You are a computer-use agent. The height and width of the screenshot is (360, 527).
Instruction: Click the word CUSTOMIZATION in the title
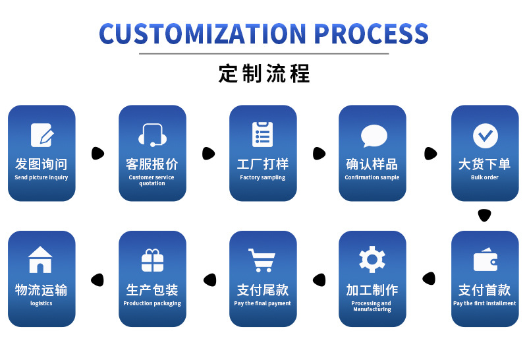point(202,33)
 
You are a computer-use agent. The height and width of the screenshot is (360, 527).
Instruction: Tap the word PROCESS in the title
point(370,33)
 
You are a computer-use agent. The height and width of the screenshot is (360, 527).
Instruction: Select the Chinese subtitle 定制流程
point(263,73)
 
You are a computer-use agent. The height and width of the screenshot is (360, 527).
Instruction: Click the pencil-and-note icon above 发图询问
point(42,135)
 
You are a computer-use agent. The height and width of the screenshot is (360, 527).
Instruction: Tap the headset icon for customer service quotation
point(152,135)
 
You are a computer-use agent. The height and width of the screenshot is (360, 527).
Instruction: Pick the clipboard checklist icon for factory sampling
point(262,135)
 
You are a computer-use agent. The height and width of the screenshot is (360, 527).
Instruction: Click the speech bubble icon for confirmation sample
point(373,136)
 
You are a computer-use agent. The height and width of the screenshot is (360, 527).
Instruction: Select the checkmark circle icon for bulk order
point(485,135)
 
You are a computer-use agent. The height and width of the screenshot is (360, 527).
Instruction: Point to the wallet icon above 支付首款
point(485,260)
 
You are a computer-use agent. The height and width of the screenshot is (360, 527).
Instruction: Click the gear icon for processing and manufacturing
point(372,259)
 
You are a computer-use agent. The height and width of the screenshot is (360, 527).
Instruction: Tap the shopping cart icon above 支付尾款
point(262,260)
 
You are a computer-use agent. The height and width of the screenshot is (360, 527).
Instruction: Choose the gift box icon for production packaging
point(152,260)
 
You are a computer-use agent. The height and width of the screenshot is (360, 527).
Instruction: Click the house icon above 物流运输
point(41,260)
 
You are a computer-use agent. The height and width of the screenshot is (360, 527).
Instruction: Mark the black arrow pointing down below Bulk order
point(485,215)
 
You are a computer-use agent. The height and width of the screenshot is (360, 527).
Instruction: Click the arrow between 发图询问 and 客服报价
point(97,154)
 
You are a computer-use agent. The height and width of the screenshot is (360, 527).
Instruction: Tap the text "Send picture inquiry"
point(42,178)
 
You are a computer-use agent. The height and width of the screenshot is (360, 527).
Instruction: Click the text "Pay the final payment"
point(262,304)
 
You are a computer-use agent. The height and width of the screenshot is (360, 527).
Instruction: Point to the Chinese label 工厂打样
point(262,164)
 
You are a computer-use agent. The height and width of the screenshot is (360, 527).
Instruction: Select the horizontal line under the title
point(263,53)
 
